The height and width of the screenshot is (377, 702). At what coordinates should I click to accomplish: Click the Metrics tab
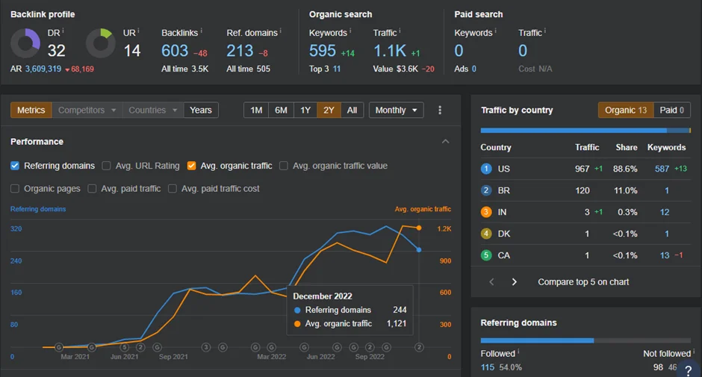pyautogui.click(x=31, y=110)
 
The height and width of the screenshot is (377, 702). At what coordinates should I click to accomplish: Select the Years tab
pyautogui.click(x=201, y=110)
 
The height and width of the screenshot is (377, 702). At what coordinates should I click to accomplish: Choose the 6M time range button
pyautogui.click(x=281, y=110)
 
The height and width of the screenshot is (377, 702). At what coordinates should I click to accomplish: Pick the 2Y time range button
pyautogui.click(x=329, y=110)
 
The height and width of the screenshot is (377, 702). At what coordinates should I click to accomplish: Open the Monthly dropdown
pyautogui.click(x=396, y=110)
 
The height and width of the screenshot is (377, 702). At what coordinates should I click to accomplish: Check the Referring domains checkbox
pyautogui.click(x=15, y=166)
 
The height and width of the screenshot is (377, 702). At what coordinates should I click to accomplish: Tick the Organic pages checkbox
pyautogui.click(x=15, y=188)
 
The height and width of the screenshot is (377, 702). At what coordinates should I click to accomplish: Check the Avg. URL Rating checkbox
pyautogui.click(x=106, y=166)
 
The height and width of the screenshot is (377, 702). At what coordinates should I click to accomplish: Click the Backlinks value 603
pyautogui.click(x=175, y=51)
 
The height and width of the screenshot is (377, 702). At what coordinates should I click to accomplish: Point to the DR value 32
pyautogui.click(x=57, y=51)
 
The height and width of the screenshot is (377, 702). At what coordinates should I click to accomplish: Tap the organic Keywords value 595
pyautogui.click(x=323, y=51)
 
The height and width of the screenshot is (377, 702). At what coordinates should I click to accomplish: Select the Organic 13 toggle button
pyautogui.click(x=625, y=110)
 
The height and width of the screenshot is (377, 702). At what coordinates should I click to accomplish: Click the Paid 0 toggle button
pyautogui.click(x=671, y=110)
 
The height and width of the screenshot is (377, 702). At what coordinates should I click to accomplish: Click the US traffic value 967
pyautogui.click(x=582, y=169)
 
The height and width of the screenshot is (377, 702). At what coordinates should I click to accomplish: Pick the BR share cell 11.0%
pyautogui.click(x=625, y=190)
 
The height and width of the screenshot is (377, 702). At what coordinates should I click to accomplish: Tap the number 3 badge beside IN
pyautogui.click(x=485, y=212)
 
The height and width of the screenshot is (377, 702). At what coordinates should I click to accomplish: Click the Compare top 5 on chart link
pyautogui.click(x=583, y=282)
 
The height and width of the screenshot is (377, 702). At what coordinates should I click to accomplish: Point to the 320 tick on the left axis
pyautogui.click(x=16, y=228)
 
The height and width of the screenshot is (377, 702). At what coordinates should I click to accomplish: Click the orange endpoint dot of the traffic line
pyautogui.click(x=419, y=228)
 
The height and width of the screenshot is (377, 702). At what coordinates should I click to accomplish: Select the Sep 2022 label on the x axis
pyautogui.click(x=370, y=357)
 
